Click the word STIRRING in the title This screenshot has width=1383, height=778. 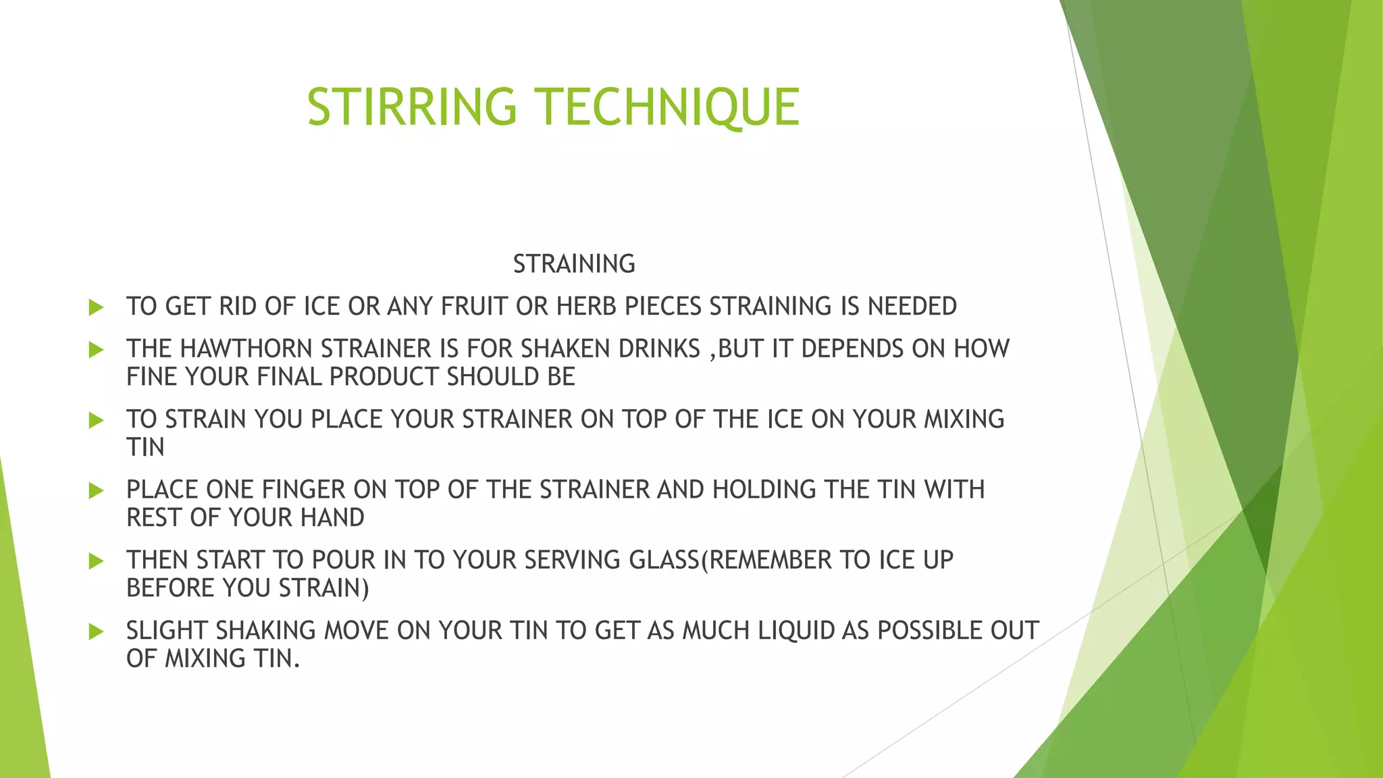(x=412, y=107)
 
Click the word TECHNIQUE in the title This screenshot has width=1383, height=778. (x=668, y=107)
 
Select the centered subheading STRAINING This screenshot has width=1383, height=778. (x=574, y=264)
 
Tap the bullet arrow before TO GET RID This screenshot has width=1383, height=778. (x=96, y=308)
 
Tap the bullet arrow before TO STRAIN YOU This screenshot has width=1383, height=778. (x=96, y=421)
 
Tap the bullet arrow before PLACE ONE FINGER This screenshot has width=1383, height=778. (x=96, y=491)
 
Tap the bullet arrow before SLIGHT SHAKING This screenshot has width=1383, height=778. (x=96, y=632)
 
